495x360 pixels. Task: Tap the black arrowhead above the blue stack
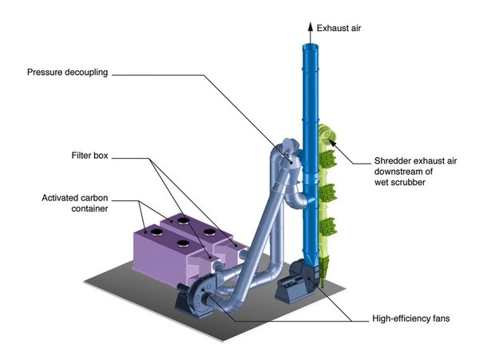click(x=309, y=26)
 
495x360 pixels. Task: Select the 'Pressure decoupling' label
click(x=67, y=73)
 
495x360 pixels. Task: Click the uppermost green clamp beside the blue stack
click(x=326, y=157)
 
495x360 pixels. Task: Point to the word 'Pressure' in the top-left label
click(x=47, y=73)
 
